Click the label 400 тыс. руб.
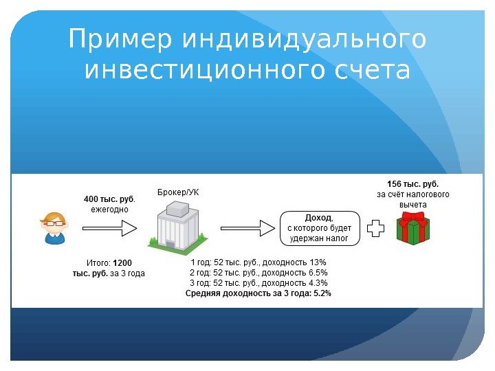click(109, 199)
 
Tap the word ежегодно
click(109, 209)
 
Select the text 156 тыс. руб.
click(412, 184)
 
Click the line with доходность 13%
click(258, 262)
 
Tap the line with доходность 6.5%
click(258, 273)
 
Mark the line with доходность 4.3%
click(258, 283)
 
